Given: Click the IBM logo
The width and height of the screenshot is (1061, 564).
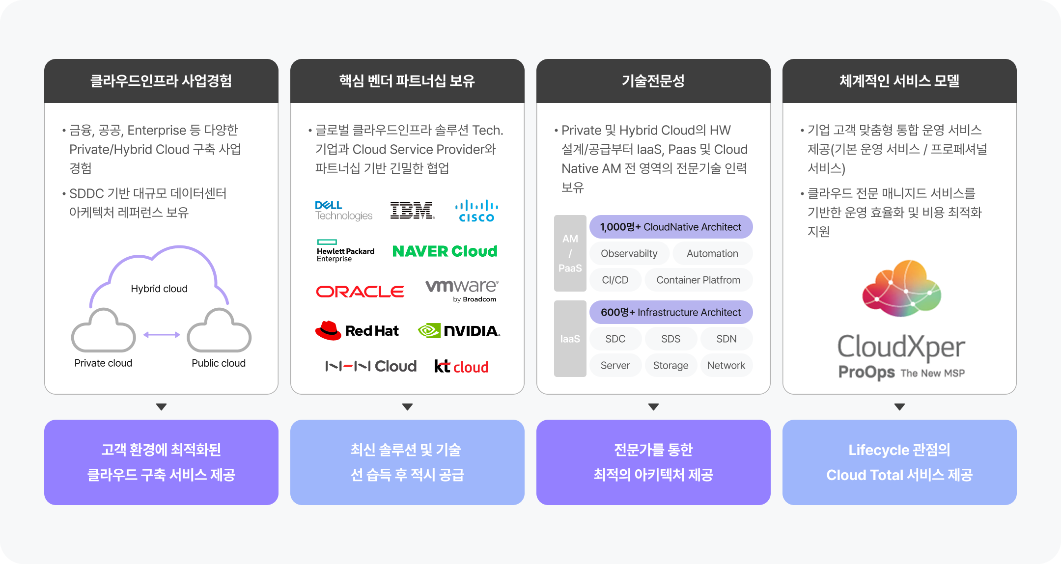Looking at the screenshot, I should tap(412, 210).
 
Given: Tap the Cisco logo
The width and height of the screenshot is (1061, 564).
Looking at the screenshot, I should tap(476, 211).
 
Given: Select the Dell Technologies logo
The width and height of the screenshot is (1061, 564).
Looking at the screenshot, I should tap(344, 211).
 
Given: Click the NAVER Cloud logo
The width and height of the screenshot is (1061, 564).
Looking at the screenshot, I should tap(445, 251).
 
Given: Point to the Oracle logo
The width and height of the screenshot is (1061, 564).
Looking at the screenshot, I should tap(360, 292).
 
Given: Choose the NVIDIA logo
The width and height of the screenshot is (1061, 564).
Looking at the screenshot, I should tap(459, 331).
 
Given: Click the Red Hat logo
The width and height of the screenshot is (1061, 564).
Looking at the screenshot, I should tap(357, 331).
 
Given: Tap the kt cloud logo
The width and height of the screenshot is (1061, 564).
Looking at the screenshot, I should tap(461, 367).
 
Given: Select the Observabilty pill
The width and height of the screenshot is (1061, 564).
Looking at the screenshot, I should tap(629, 253).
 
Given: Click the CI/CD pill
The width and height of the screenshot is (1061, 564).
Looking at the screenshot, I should tap(615, 280).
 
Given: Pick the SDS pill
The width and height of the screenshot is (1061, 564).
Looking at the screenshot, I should tap(670, 339).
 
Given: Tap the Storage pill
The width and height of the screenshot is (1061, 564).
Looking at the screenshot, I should tap(670, 365).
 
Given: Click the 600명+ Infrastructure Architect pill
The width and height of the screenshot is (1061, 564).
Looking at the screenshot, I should tap(670, 312).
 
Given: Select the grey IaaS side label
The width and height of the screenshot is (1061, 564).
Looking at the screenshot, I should tap(570, 339).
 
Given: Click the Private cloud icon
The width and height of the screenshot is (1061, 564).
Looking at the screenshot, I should tap(103, 331).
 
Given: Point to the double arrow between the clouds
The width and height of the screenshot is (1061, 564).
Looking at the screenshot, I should tap(162, 335).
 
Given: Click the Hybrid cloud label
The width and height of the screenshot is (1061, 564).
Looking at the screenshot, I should tap(159, 289).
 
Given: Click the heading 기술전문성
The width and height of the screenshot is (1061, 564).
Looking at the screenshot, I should tap(653, 81).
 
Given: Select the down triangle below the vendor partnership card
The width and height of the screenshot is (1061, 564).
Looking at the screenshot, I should tap(407, 407).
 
